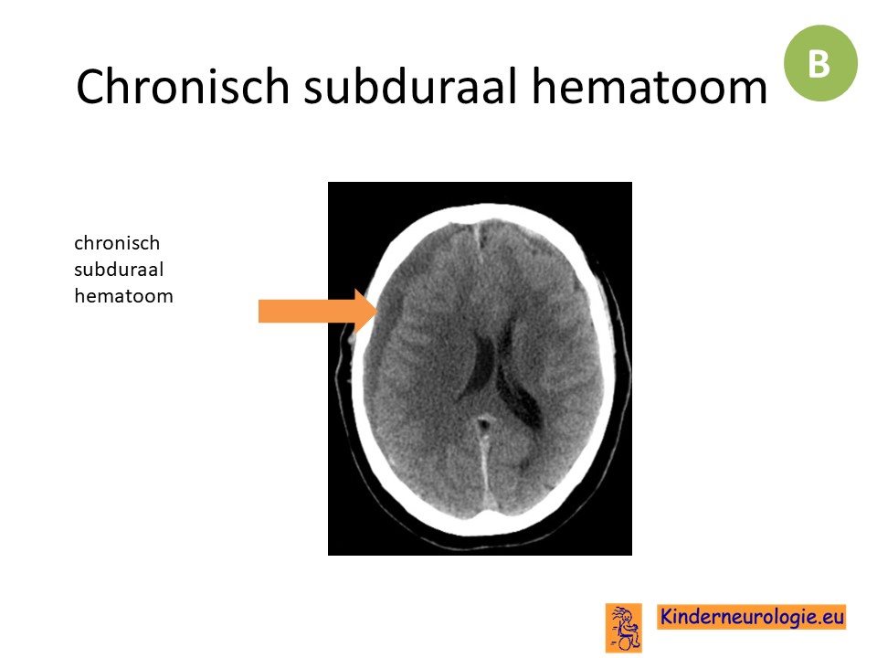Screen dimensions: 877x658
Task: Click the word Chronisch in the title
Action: point(183,86)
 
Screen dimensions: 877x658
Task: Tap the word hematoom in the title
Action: point(650,86)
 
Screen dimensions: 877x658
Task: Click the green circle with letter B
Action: point(820,63)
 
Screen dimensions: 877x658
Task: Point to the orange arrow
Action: point(318,311)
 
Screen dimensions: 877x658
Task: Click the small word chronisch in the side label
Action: point(117,243)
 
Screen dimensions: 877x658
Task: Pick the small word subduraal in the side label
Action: point(119,270)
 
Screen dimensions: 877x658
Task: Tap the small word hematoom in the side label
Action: point(123,296)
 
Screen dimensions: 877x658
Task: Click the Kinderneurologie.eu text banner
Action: point(751,617)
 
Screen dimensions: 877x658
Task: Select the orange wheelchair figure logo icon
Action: point(623,628)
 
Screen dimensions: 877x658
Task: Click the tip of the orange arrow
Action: point(378,311)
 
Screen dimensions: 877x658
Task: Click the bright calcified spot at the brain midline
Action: point(484,422)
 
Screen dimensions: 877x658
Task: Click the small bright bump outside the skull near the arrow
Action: point(352,338)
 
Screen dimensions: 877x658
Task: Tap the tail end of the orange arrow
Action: point(259,311)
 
